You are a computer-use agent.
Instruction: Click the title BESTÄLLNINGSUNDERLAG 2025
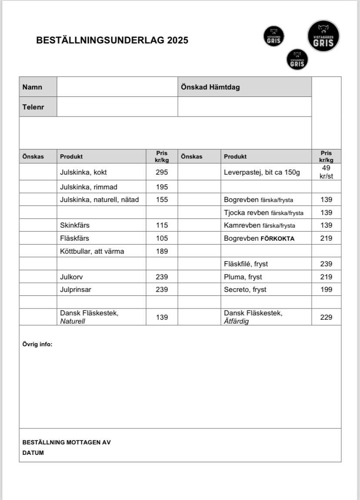pyautogui.click(x=112, y=40)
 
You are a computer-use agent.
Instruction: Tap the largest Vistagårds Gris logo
pyautogui.click(x=323, y=36)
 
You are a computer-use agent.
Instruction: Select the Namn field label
pyautogui.click(x=33, y=87)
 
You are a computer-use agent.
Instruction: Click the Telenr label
pyautogui.click(x=33, y=106)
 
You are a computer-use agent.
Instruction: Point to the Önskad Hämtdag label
pyautogui.click(x=210, y=87)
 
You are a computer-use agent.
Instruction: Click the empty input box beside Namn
pyautogui.click(x=117, y=87)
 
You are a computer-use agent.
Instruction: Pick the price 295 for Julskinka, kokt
pyautogui.click(x=162, y=172)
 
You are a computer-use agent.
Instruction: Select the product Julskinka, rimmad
pyautogui.click(x=89, y=187)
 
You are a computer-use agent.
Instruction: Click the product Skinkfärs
pyautogui.click(x=75, y=225)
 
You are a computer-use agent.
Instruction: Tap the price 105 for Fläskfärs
pyautogui.click(x=162, y=238)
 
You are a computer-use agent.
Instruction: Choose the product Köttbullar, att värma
pyautogui.click(x=92, y=251)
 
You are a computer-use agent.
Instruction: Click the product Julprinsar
pyautogui.click(x=76, y=289)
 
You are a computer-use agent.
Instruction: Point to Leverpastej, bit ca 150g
pyautogui.click(x=262, y=172)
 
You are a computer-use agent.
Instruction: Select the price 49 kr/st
pyautogui.click(x=326, y=172)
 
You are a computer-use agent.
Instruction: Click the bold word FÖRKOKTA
pyautogui.click(x=277, y=238)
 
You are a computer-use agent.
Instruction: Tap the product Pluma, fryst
pyautogui.click(x=243, y=277)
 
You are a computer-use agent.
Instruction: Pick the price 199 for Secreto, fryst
pyautogui.click(x=326, y=289)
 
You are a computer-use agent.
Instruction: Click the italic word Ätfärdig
pyautogui.click(x=236, y=321)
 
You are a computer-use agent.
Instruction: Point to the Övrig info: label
pyautogui.click(x=37, y=344)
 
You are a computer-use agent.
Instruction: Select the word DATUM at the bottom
pyautogui.click(x=33, y=453)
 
